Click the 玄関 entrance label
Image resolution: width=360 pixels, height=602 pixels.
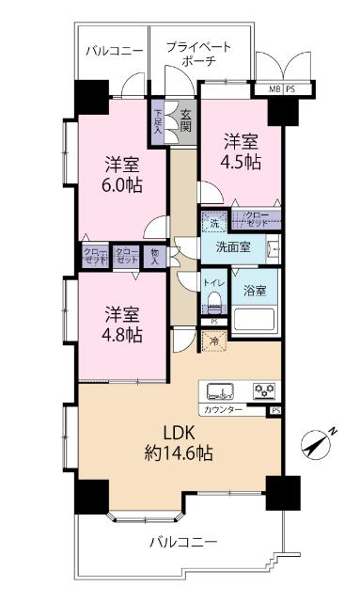[185, 120]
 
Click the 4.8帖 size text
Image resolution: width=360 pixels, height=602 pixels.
[123, 332]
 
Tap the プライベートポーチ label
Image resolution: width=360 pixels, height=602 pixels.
[197, 54]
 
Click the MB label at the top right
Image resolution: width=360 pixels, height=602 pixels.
[274, 89]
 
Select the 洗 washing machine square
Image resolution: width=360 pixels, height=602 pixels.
[213, 224]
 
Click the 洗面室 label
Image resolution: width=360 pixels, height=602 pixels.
[232, 248]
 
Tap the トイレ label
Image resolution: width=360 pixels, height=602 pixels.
[213, 281]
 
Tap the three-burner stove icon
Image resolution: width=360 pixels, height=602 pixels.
[263, 390]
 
